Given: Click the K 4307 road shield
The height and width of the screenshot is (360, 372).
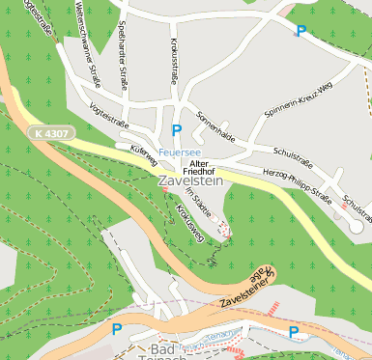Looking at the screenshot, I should pyautogui.click(x=49, y=132).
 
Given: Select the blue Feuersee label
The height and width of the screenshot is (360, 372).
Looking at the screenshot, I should pyautogui.click(x=180, y=152).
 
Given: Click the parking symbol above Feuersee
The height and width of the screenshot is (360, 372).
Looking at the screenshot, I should pyautogui.click(x=176, y=130).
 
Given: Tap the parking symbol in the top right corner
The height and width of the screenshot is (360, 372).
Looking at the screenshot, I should pyautogui.click(x=300, y=32).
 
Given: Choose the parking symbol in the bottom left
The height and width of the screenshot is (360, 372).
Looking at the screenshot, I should pyautogui.click(x=117, y=329).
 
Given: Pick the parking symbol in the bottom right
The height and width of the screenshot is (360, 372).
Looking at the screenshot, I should pyautogui.click(x=294, y=332).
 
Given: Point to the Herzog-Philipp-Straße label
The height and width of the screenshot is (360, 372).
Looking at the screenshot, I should pyautogui.click(x=297, y=186).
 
